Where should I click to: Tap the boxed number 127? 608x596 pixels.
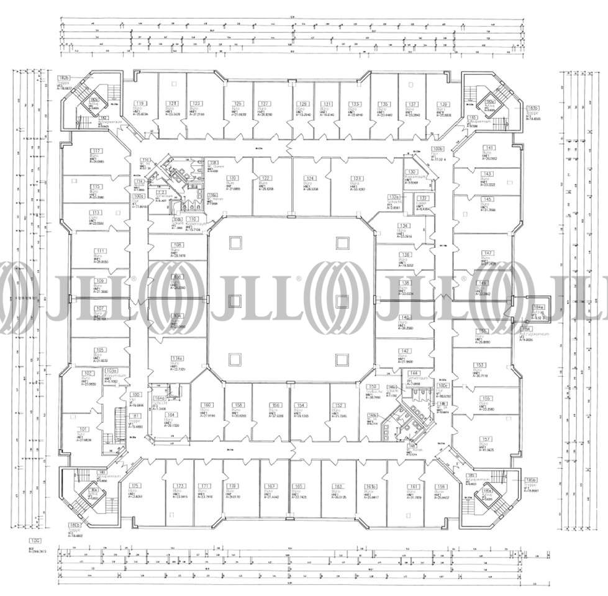click(264, 104)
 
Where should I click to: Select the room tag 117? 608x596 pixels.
click(96, 151)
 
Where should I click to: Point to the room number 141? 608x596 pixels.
click(489, 148)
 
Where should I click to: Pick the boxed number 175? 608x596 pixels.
click(134, 486)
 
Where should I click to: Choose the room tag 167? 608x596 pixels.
click(270, 486)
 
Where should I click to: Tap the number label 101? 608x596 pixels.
click(83, 428)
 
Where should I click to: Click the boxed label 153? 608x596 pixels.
click(479, 364)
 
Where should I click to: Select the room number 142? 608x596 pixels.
click(404, 351)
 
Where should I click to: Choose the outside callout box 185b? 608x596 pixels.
click(530, 480)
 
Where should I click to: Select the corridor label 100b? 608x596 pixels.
click(438, 150)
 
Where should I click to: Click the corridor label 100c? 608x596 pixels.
click(442, 385)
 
